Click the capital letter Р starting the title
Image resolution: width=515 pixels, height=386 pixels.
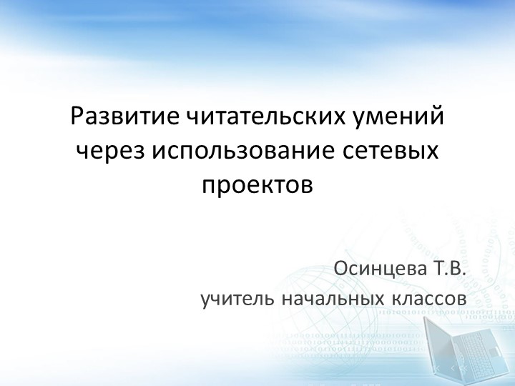tap(78, 116)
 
